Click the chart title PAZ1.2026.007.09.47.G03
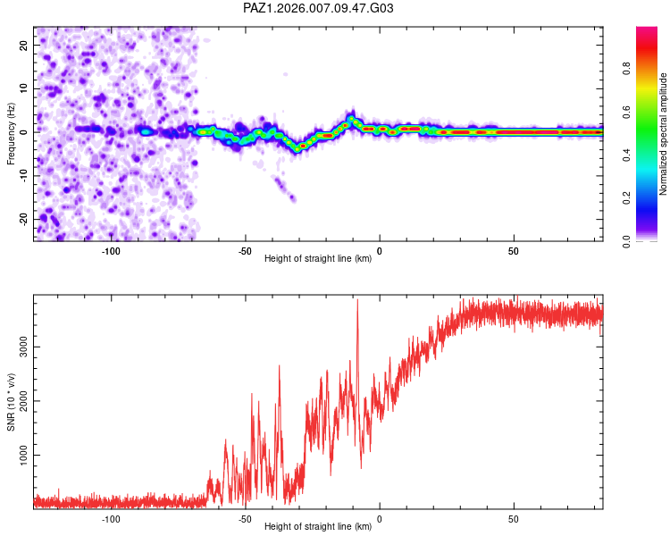pos(318,8)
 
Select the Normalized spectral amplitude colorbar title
pos(664,134)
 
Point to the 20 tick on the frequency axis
pos(24,45)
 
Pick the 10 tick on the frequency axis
pos(24,88)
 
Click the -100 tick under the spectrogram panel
pos(111,251)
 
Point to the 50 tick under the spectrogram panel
pos(514,251)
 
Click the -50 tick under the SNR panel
pos(245,519)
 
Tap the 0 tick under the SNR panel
pos(380,519)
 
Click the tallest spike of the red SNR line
pos(357,301)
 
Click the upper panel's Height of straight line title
pos(318,260)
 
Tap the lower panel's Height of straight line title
pos(318,528)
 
